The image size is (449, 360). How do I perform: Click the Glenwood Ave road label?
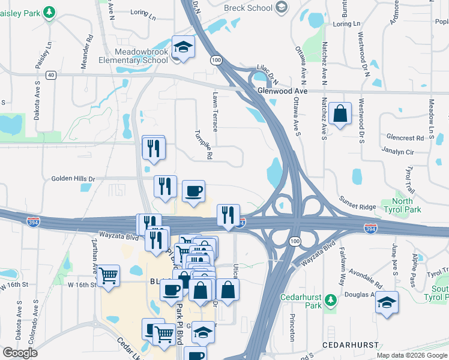[x=282, y=91]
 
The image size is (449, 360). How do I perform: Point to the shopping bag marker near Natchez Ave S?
[x=340, y=113]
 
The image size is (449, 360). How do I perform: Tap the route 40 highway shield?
[x=51, y=74]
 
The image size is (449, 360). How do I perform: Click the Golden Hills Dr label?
[x=73, y=179]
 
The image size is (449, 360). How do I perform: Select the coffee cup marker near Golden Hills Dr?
[x=193, y=191]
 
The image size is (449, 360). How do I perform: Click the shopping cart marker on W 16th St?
[x=109, y=276]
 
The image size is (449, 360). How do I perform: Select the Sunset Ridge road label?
[x=358, y=203]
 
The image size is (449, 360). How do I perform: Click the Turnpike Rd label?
[x=203, y=145]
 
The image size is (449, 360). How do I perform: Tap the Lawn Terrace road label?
[x=215, y=112]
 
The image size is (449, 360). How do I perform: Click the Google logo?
[x=20, y=353]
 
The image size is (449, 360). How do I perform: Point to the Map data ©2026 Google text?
[x=411, y=355]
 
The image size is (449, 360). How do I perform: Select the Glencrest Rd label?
[x=405, y=137]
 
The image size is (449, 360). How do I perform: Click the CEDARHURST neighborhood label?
[x=351, y=345]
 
